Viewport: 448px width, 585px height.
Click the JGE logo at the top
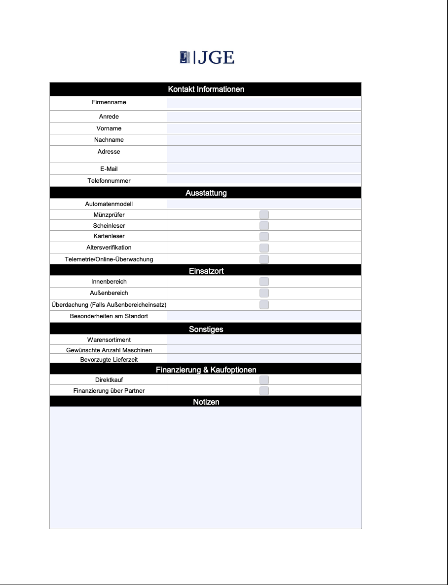tap(207, 58)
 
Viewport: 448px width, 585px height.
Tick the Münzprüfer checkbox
tap(264, 215)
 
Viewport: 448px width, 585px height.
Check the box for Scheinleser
tap(264, 226)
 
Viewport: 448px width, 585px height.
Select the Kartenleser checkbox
tap(264, 237)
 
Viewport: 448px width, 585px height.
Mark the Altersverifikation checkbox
tap(264, 248)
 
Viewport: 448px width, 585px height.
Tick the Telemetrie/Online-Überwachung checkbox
tap(264, 259)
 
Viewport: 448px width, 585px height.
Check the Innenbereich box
tap(264, 282)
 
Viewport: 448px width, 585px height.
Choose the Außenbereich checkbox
tap(264, 293)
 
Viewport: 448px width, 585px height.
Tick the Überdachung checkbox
tap(264, 305)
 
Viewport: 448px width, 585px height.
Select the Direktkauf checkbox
tap(264, 380)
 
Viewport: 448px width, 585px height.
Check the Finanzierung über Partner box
tap(264, 391)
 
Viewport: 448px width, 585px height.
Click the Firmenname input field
tap(264, 103)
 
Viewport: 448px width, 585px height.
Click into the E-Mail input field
tap(264, 169)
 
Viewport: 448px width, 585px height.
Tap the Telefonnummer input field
tap(264, 180)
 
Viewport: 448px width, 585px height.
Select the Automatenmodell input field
tap(264, 204)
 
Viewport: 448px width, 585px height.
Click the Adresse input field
tap(264, 154)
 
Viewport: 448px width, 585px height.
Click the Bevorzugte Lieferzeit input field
tap(264, 359)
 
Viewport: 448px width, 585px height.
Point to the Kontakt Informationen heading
tap(206, 89)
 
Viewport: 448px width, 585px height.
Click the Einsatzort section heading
tap(206, 271)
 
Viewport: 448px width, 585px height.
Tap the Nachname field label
tap(109, 140)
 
